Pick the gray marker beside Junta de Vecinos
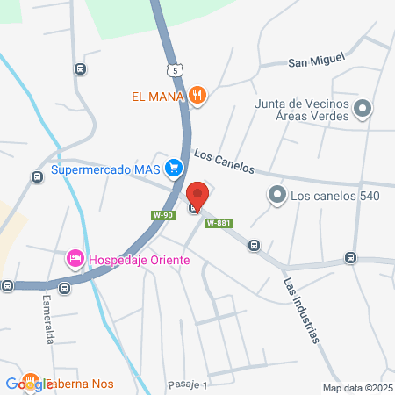(x=363, y=109)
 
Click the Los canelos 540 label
(x=335, y=195)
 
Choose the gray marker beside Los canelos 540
(x=277, y=194)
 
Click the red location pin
(x=197, y=197)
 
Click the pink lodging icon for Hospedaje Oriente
(x=75, y=259)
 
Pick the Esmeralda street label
(x=49, y=319)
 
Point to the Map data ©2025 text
(x=355, y=388)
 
